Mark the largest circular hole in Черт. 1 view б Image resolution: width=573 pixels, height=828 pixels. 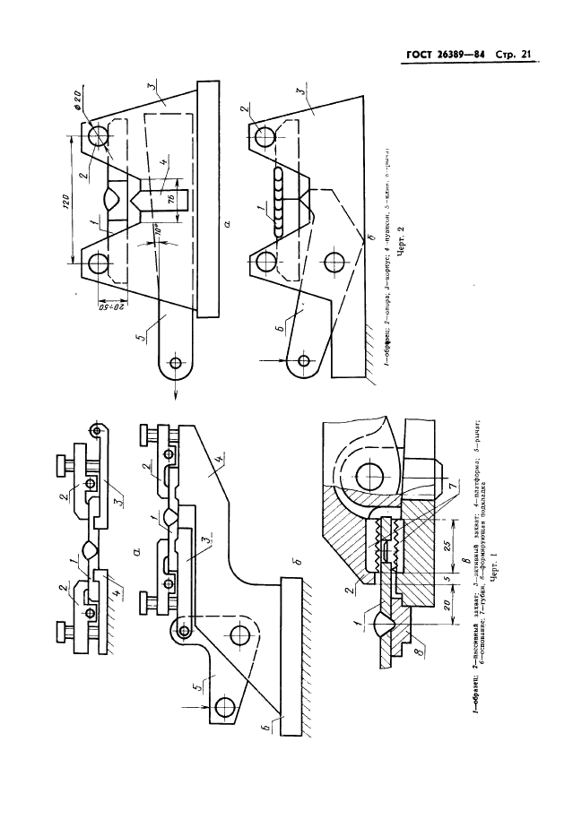pos(239,635)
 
